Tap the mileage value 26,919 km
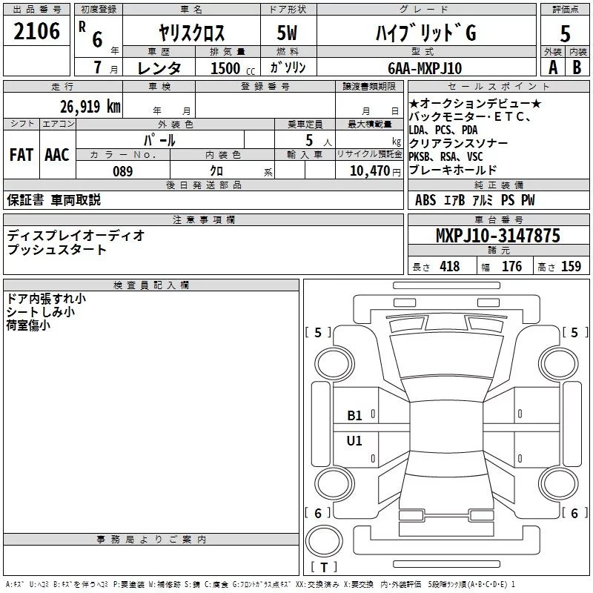coord(88,106)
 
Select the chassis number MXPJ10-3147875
coord(497,236)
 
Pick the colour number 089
coord(122,171)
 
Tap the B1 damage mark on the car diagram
coord(354,416)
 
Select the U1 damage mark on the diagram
coord(354,440)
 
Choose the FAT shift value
coord(21,155)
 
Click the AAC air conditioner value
coord(56,155)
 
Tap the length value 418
coord(449,267)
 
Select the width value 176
coord(511,267)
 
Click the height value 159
coord(571,267)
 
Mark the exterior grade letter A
coord(552,67)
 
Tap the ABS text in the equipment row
coord(425,200)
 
